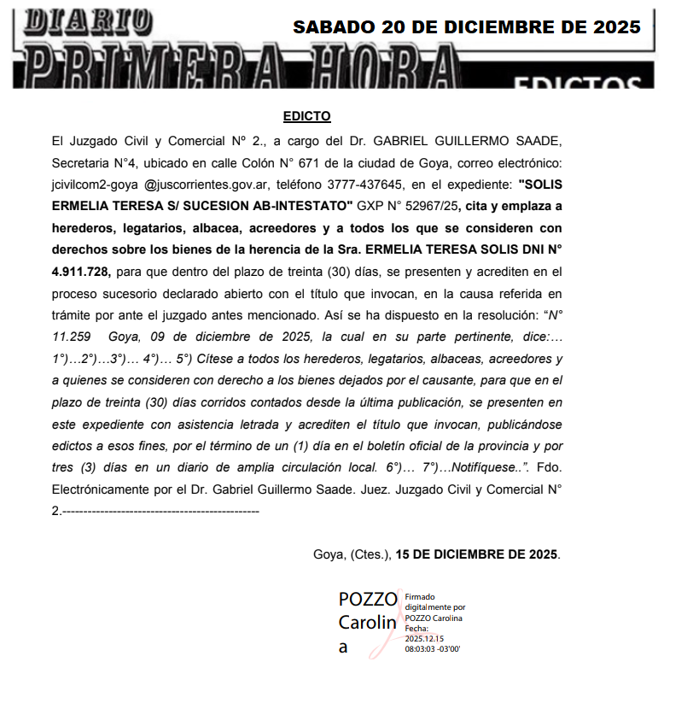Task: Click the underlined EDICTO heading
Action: click(x=306, y=116)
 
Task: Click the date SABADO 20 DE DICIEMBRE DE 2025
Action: click(x=466, y=27)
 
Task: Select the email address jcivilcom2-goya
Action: click(x=90, y=184)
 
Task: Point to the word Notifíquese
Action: click(x=485, y=467)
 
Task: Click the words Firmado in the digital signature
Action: click(x=420, y=597)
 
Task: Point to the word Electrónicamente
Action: click(x=102, y=489)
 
